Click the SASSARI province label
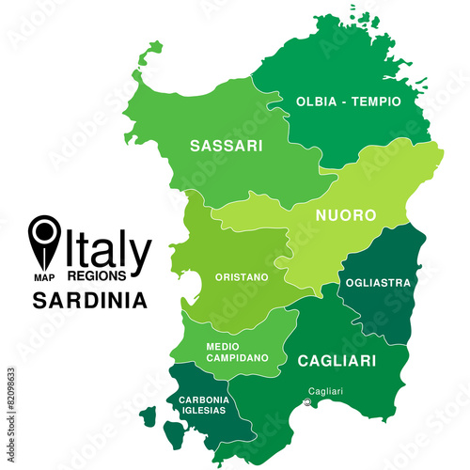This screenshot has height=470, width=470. [x=226, y=147]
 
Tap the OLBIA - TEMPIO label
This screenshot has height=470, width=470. [x=348, y=101]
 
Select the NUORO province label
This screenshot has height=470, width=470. [x=346, y=215]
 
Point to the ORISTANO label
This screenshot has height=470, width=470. [x=242, y=277]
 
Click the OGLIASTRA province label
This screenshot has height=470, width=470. [x=377, y=282]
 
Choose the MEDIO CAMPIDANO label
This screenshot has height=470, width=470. [x=237, y=352]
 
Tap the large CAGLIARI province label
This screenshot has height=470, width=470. [x=337, y=360]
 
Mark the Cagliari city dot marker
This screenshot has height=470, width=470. [x=306, y=404]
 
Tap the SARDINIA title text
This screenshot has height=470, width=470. [x=89, y=302]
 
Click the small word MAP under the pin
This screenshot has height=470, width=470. [x=43, y=277]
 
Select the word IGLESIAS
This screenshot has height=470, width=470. [x=203, y=412]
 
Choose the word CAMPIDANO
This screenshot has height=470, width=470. [x=237, y=358]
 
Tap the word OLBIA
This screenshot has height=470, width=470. [x=316, y=101]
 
